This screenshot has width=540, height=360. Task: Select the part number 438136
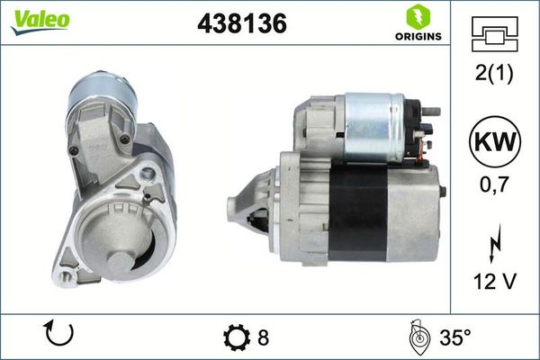[241, 25]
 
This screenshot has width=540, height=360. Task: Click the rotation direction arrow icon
[58, 336]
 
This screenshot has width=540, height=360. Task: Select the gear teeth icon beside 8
[237, 337]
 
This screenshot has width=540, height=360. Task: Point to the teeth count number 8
[263, 337]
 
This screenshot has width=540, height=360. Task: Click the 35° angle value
[454, 337]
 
